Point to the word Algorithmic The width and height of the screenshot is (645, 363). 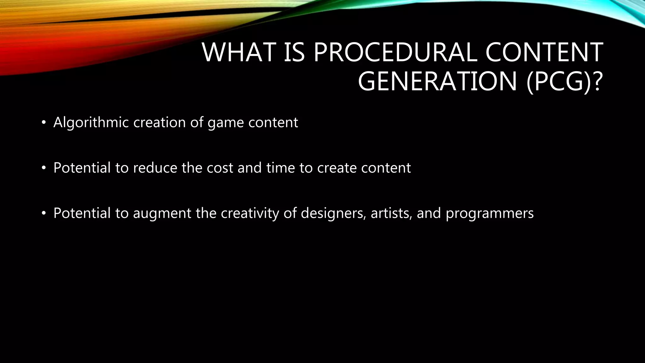pos(91,123)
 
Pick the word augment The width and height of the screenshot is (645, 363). pos(162,214)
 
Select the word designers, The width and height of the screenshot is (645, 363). pos(334,213)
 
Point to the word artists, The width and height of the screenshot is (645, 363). pos(391,213)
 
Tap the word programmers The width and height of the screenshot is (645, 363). pos(489,214)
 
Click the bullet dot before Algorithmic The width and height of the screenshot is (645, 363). pos(44,123)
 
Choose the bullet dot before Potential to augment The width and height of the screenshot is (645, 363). pos(44,214)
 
